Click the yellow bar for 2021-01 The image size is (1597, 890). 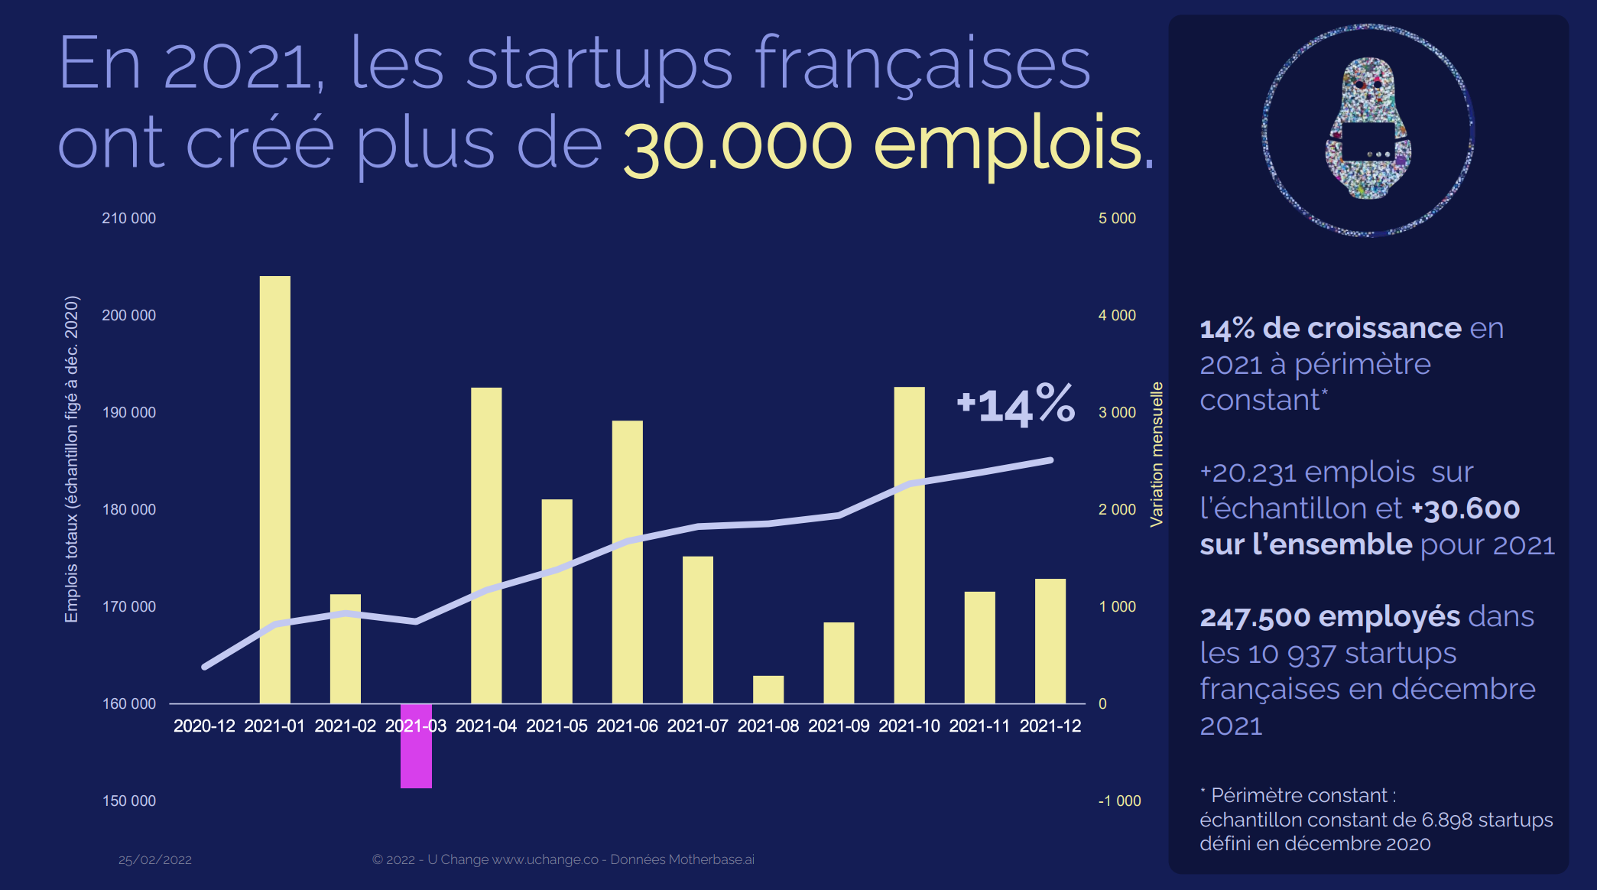pyautogui.click(x=274, y=489)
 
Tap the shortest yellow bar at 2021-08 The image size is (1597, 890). pyautogui.click(x=768, y=689)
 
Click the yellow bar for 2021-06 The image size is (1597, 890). pyautogui.click(x=627, y=562)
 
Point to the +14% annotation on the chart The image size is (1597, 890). pyautogui.click(x=1015, y=404)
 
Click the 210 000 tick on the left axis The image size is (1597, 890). pyautogui.click(x=128, y=219)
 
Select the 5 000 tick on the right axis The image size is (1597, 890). pyautogui.click(x=1117, y=219)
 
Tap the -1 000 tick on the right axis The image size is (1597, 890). pyautogui.click(x=1119, y=801)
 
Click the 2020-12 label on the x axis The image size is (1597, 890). pyautogui.click(x=204, y=726)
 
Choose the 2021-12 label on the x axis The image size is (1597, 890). pyautogui.click(x=1050, y=726)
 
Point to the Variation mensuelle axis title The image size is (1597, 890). pyautogui.click(x=1157, y=454)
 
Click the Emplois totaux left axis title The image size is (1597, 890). pyautogui.click(x=71, y=459)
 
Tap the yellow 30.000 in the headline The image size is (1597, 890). pyautogui.click(x=738, y=145)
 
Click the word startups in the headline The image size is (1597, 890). pyautogui.click(x=599, y=64)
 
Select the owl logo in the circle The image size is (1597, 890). pyautogui.click(x=1368, y=129)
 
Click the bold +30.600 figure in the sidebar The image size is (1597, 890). pyautogui.click(x=1466, y=508)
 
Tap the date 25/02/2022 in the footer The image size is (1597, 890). pyautogui.click(x=155, y=859)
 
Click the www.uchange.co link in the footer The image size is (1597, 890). pyautogui.click(x=545, y=859)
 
